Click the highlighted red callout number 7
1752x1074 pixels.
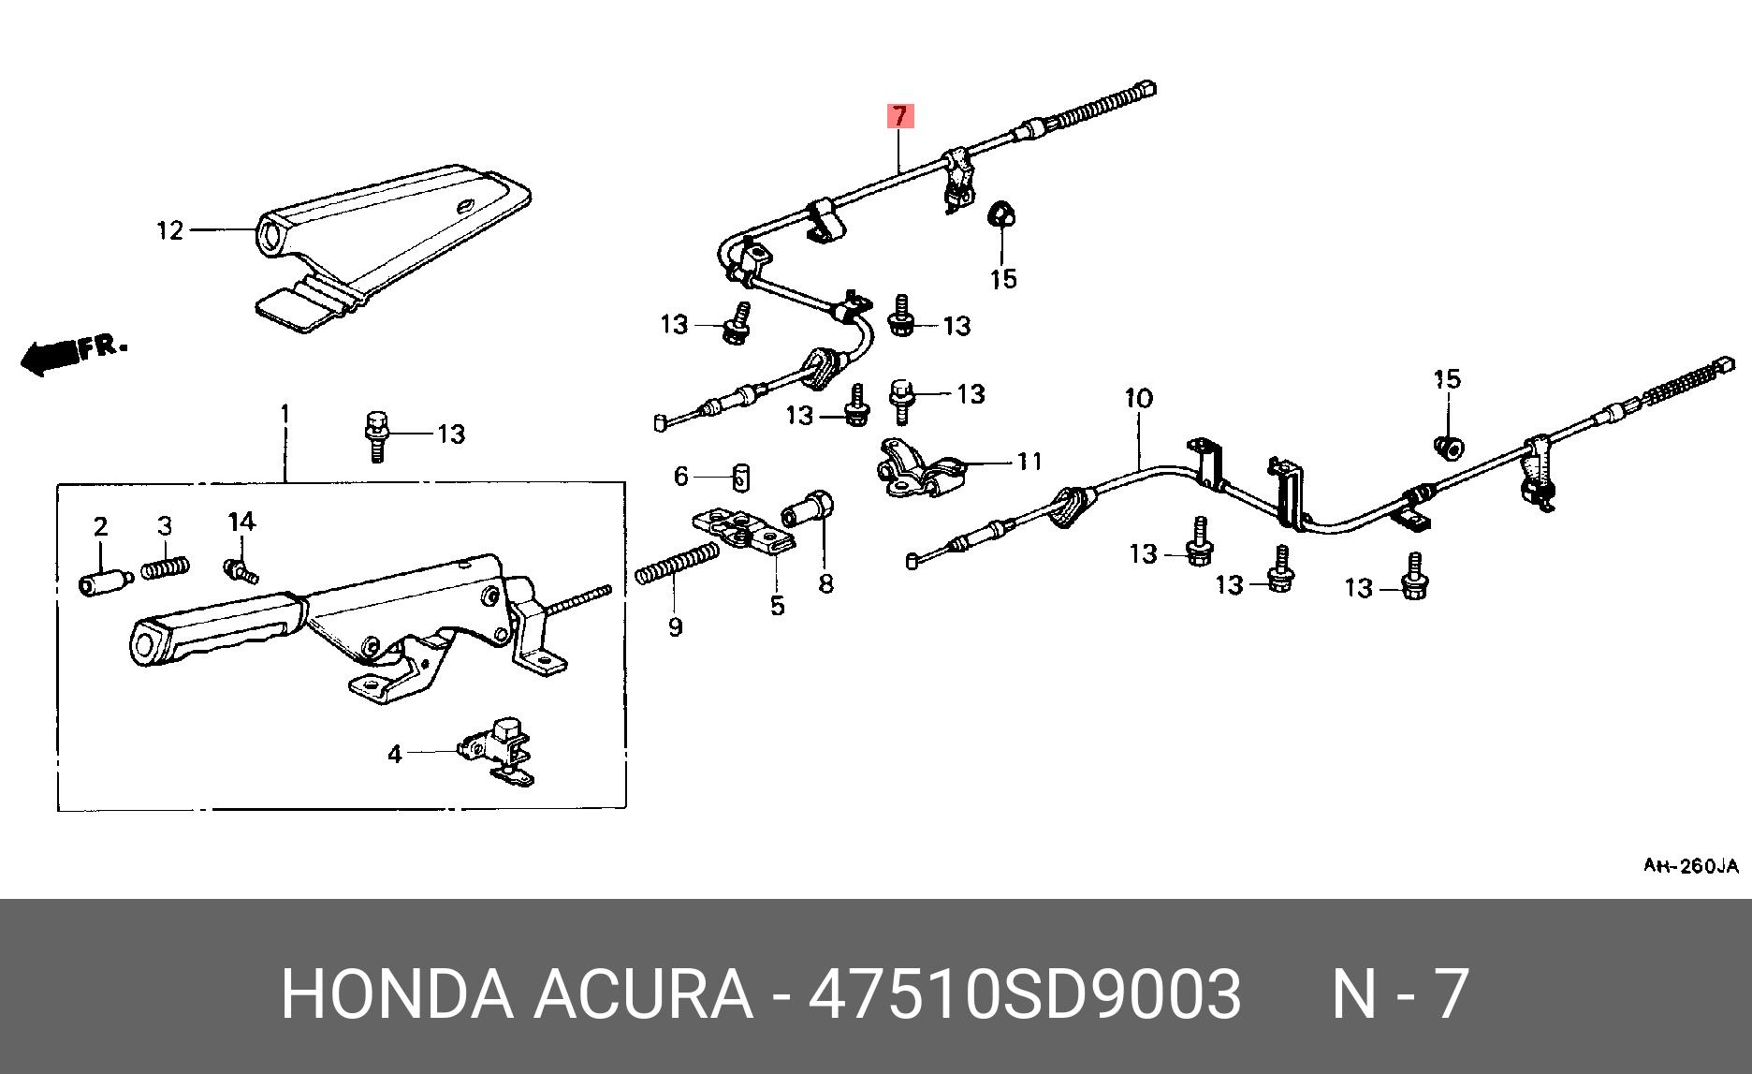(x=898, y=116)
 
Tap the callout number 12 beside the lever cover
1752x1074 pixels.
(x=169, y=229)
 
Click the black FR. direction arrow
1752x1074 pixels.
(x=49, y=357)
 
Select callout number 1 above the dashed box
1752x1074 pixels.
(x=285, y=413)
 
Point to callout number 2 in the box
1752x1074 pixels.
(x=100, y=526)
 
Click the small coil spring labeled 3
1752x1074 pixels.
(x=167, y=567)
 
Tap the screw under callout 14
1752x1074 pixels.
(x=240, y=567)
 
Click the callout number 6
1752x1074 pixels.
(x=680, y=477)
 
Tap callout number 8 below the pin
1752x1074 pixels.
(x=825, y=583)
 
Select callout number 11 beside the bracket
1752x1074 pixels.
(x=1029, y=461)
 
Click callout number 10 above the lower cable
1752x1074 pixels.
(x=1138, y=399)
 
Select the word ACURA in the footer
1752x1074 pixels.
(x=643, y=994)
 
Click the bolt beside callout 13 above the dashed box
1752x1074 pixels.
(x=376, y=434)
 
